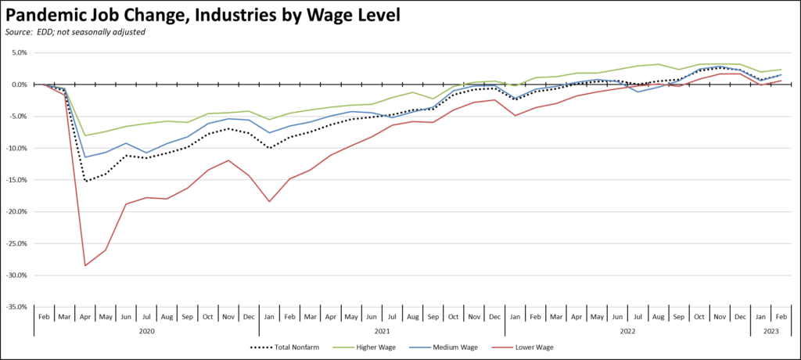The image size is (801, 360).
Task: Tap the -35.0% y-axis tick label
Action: pos(16,308)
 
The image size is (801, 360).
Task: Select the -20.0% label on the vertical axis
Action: pos(16,212)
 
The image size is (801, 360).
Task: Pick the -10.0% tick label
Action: pos(16,149)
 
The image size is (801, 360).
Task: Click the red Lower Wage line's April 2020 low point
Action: pos(84,265)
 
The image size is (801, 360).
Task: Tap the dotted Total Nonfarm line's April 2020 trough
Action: pos(84,182)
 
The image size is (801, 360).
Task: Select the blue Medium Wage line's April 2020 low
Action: pos(84,157)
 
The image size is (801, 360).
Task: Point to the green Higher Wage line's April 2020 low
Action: pos(84,135)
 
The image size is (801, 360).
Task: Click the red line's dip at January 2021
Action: pos(269,202)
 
